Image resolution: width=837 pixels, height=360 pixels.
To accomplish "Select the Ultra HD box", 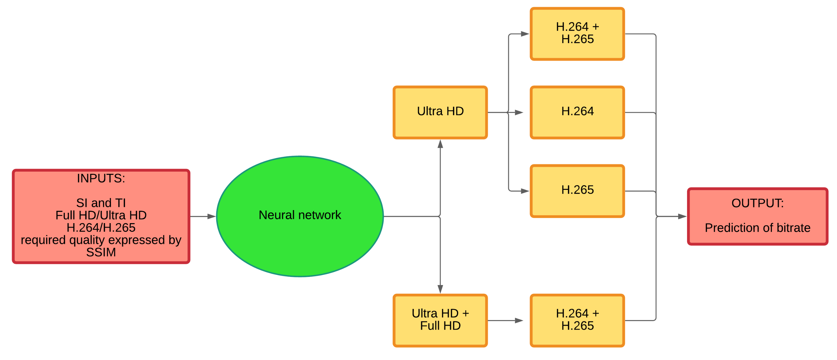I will [440, 112].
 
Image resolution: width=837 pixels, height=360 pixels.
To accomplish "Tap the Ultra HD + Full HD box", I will [440, 320].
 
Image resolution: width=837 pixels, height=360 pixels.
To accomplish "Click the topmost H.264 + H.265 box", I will [577, 34].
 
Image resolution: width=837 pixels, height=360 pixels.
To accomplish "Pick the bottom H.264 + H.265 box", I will [577, 320].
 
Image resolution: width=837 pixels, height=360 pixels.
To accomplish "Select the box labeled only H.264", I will [577, 112].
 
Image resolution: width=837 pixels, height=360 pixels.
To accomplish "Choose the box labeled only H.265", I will [577, 191].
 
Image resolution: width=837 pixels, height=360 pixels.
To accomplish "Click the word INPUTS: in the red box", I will [101, 178].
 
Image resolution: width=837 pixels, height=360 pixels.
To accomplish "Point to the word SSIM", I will [101, 252].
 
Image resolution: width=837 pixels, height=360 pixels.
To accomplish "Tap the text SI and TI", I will [101, 203].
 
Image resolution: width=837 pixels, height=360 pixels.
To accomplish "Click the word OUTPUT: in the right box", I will [757, 203].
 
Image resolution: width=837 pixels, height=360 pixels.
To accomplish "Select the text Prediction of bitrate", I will [757, 228].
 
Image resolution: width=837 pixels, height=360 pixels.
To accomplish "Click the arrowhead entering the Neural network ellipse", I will [212, 216].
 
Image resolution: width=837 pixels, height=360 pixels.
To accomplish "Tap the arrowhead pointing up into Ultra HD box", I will [440, 144].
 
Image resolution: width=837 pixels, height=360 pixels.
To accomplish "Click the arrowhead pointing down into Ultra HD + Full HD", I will [440, 289].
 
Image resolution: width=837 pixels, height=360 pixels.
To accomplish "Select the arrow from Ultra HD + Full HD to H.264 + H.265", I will [505, 321].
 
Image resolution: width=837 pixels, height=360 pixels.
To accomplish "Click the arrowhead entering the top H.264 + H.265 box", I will [525, 34].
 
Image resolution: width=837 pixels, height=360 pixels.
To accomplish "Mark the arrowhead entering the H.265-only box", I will [525, 191].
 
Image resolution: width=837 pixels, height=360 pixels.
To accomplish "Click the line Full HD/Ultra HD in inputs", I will [101, 215].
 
